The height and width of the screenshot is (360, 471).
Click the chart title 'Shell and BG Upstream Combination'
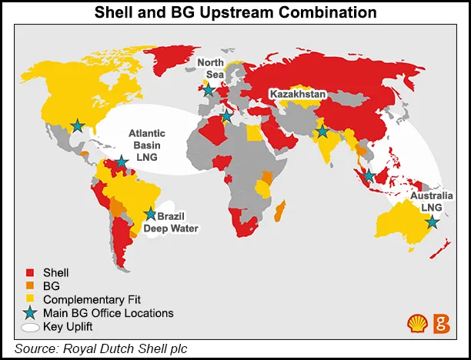click(235, 13)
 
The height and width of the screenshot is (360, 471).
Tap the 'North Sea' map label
click(210, 68)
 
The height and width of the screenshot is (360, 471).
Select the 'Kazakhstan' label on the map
click(299, 94)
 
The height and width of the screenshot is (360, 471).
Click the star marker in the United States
click(77, 125)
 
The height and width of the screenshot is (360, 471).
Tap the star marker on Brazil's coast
click(150, 214)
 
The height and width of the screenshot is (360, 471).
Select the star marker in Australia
click(432, 222)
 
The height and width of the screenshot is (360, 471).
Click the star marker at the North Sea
click(208, 89)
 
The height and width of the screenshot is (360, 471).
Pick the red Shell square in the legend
click(31, 272)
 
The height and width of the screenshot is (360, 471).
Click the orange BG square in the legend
click(31, 285)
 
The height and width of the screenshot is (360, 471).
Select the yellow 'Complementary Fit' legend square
click(31, 299)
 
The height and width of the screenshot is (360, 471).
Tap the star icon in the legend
click(30, 312)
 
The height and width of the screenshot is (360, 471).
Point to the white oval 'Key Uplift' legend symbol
click(31, 327)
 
